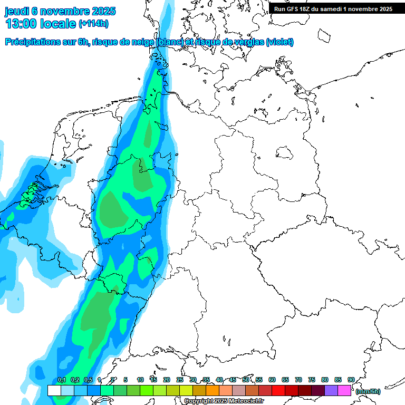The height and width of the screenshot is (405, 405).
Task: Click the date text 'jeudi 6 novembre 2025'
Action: coord(60,11)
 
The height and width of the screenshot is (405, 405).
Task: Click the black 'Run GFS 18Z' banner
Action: coord(333,9)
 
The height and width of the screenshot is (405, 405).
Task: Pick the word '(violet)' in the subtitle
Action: coord(280,42)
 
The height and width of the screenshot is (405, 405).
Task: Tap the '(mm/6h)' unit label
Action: coord(368,391)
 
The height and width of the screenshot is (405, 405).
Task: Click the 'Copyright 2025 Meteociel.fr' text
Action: coord(224,401)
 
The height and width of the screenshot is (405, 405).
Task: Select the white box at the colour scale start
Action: coord(54,390)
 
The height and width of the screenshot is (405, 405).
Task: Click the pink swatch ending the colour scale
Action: coord(344,390)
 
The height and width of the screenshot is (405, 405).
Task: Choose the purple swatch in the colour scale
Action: coord(331,390)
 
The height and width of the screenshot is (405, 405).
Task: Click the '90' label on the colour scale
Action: coord(351,380)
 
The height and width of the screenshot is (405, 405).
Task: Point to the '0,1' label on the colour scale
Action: coord(62,380)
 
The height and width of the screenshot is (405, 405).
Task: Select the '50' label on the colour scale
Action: coord(246,380)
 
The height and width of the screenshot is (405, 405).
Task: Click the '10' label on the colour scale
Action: coord(140,380)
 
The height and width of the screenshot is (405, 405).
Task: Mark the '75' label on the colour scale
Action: coord(312,380)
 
